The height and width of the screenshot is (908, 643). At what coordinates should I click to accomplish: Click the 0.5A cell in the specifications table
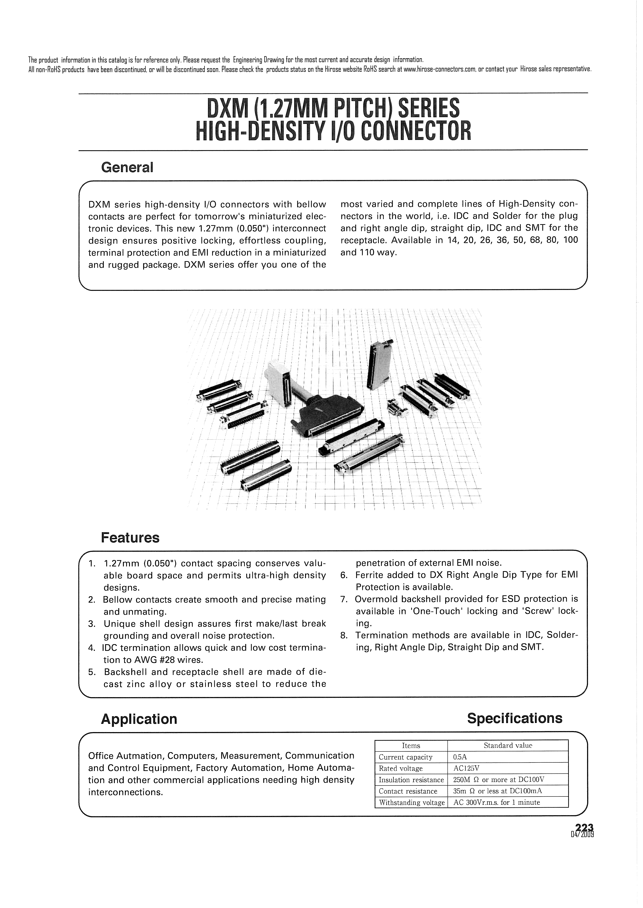pyautogui.click(x=460, y=757)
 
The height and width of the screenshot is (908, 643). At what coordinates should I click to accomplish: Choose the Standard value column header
pyautogui.click(x=508, y=746)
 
